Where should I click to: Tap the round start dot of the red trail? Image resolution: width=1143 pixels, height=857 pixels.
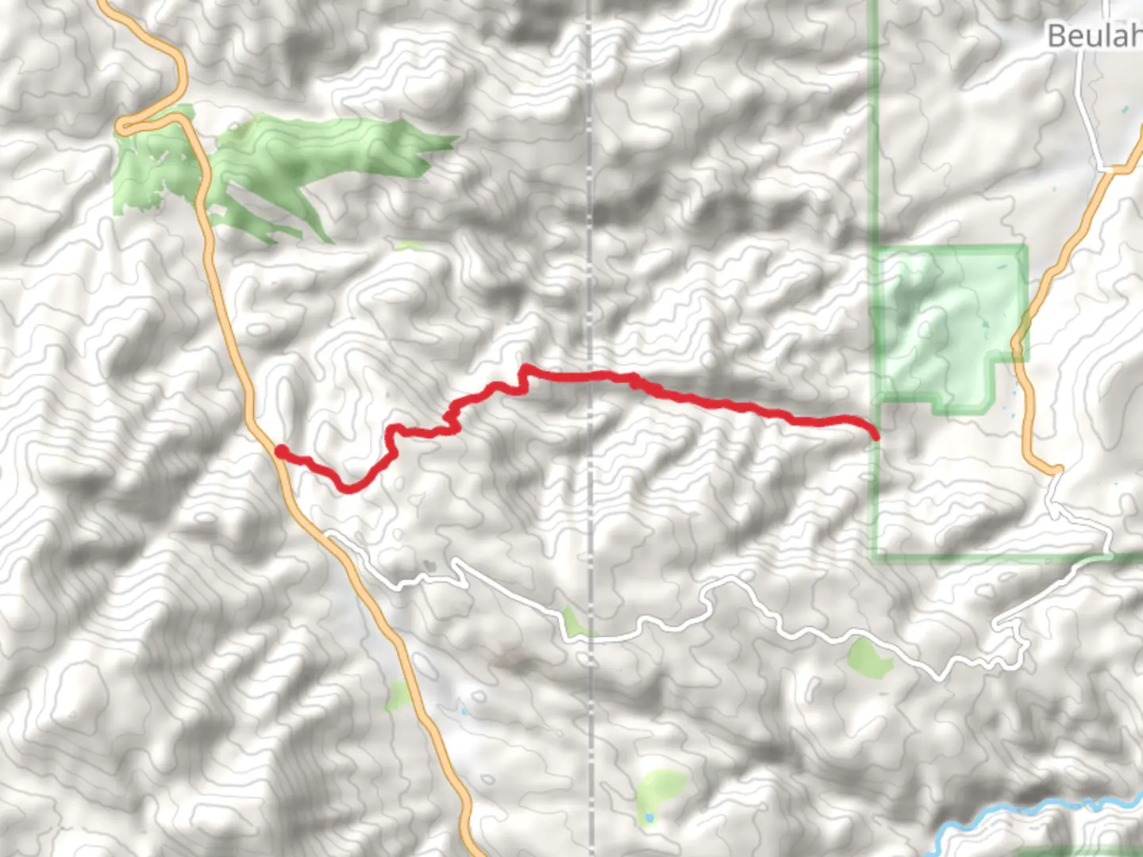pyautogui.click(x=281, y=452)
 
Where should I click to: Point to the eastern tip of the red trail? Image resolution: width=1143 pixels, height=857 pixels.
pyautogui.click(x=876, y=436)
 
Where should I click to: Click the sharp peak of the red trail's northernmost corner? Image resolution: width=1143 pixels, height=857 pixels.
pyautogui.click(x=524, y=367)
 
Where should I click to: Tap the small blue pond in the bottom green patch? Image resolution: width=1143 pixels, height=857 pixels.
pyautogui.click(x=649, y=817)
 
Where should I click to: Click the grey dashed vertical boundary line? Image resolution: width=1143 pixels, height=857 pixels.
pyautogui.click(x=590, y=238)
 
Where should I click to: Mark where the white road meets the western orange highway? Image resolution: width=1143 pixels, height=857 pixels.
pyautogui.click(x=327, y=535)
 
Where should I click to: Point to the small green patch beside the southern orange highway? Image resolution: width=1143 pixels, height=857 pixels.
pyautogui.click(x=398, y=696)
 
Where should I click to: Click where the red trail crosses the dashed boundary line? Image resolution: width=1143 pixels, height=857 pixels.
pyautogui.click(x=590, y=375)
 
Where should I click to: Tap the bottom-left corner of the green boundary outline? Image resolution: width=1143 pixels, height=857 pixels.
pyautogui.click(x=876, y=557)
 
